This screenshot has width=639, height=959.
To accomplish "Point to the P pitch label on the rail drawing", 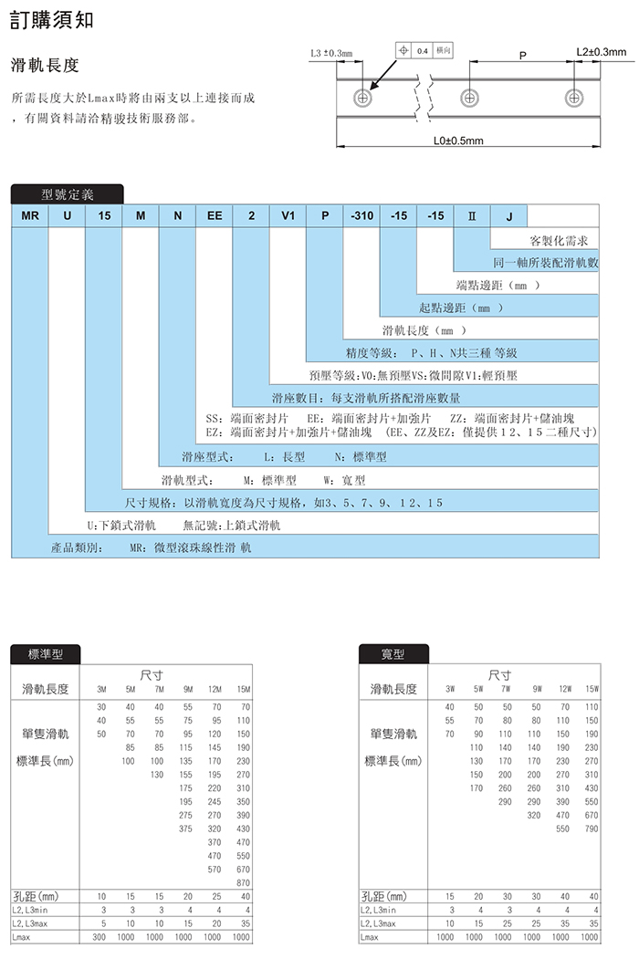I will tap(522, 56).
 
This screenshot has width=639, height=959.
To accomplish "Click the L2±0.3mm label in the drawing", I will tap(600, 51).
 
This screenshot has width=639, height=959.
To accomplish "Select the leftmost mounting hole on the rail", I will tap(364, 96).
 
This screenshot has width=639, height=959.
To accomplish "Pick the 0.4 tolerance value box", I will tap(423, 50).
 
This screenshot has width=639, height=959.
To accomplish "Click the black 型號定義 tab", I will tap(67, 193).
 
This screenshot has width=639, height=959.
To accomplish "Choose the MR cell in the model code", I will tap(29, 216).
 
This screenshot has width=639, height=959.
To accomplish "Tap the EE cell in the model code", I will tap(215, 216).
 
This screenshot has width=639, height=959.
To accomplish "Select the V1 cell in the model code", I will tap(288, 216).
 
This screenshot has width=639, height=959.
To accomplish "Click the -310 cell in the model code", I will tap(361, 216).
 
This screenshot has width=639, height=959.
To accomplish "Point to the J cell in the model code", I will tap(509, 216).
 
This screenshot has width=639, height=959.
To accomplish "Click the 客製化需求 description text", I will tap(564, 241).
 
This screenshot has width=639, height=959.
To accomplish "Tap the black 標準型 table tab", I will tap(45, 653).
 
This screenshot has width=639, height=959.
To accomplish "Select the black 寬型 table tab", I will tap(393, 653).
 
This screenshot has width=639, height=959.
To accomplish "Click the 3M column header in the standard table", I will tap(101, 689).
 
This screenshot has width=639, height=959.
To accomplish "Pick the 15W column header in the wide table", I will tap(592, 689).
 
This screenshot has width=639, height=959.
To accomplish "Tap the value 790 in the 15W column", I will tap(592, 829).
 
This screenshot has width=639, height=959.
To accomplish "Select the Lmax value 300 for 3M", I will tap(100, 936).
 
